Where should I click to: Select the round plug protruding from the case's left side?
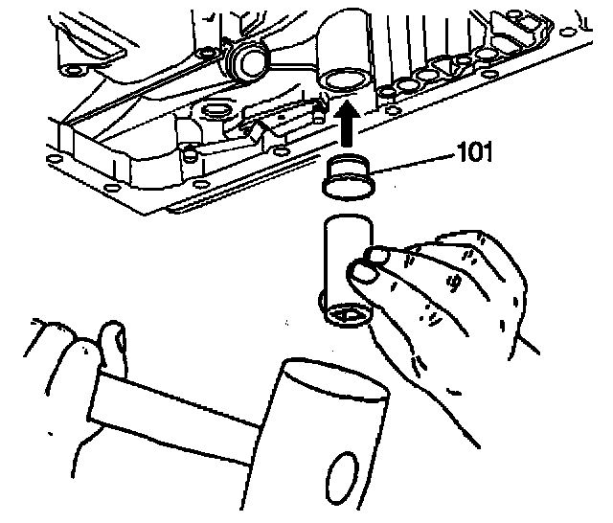[250, 61]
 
